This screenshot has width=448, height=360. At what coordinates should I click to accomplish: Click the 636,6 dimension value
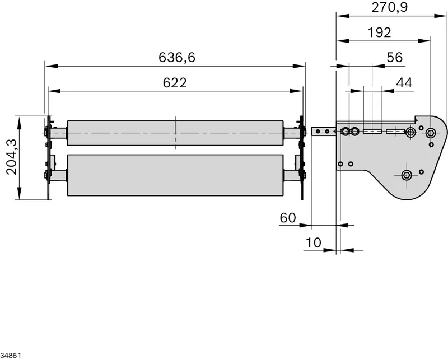[177, 58]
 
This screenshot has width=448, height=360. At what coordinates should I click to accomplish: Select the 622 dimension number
[175, 83]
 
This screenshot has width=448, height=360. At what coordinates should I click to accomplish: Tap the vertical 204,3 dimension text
[12, 157]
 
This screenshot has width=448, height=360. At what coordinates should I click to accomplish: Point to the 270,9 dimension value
[389, 7]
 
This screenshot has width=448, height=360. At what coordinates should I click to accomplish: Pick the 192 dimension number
[379, 32]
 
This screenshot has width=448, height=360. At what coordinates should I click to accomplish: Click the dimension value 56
[395, 58]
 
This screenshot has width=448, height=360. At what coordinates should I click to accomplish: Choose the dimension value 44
[404, 83]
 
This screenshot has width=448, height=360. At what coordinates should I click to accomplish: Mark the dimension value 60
[288, 218]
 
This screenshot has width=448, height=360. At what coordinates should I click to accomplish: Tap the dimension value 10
[314, 243]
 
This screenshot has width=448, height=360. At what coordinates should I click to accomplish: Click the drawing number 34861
[11, 356]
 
